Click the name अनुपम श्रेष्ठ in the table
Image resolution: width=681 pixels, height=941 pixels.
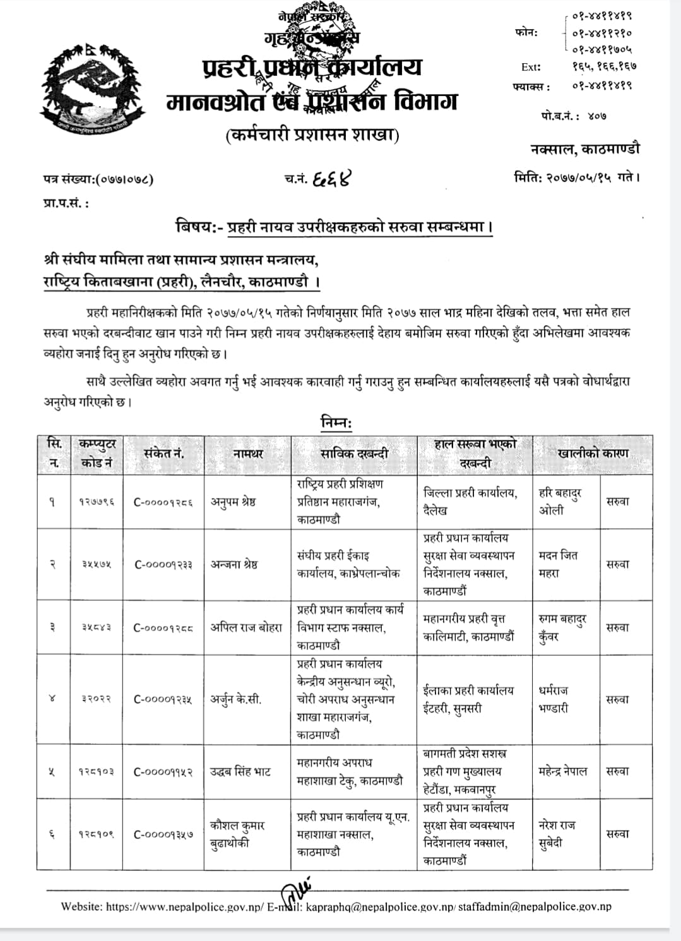[233, 502]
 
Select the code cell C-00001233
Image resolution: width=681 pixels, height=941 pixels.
[163, 565]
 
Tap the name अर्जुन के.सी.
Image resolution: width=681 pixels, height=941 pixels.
[236, 699]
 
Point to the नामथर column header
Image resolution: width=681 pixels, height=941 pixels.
[247, 453]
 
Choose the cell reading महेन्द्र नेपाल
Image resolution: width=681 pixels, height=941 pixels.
[563, 771]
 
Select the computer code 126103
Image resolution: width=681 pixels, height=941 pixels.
[97, 771]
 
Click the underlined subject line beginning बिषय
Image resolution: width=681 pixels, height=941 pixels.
[334, 226]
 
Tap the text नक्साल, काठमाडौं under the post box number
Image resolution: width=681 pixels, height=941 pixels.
[584, 149]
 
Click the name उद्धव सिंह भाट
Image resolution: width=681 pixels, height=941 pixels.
[240, 771]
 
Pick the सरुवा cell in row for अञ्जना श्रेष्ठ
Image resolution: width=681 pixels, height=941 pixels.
[617, 565]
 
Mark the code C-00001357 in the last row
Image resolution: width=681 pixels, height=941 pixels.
[163, 834]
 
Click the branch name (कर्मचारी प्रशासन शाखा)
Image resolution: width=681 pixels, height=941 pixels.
[312, 134]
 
